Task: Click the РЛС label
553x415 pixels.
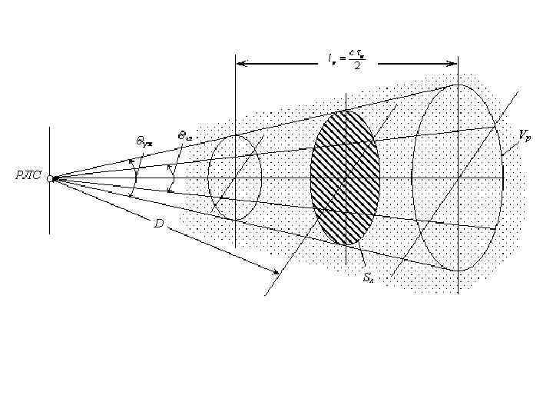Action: (x=28, y=177)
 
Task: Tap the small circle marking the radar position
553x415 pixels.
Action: (x=50, y=178)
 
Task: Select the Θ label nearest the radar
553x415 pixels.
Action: (x=144, y=141)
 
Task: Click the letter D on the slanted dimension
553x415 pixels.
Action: (x=158, y=223)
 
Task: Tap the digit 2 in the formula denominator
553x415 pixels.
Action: (x=356, y=66)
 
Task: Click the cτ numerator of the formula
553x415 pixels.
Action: (x=356, y=53)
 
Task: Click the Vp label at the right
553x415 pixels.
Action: (x=524, y=135)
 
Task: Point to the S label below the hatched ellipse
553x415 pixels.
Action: (x=368, y=277)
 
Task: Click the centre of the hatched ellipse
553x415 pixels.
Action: (x=345, y=178)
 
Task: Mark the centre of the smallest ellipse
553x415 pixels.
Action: (x=235, y=178)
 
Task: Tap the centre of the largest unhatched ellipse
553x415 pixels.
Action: (x=458, y=178)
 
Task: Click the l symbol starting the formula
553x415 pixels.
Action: (x=329, y=58)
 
